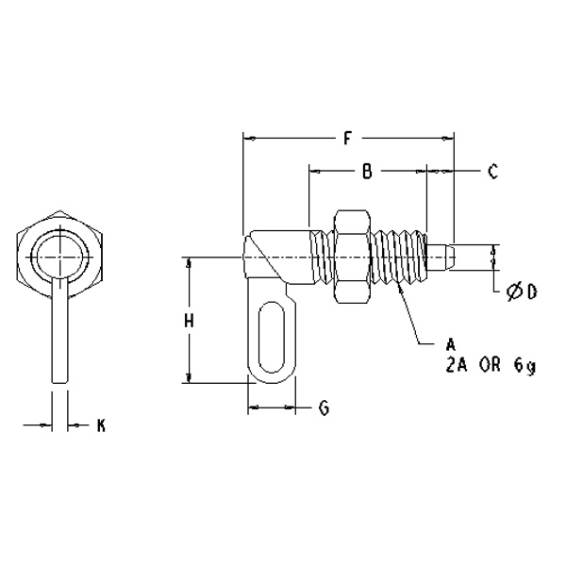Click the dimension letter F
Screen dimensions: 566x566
pyautogui.click(x=347, y=139)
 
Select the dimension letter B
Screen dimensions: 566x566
pyautogui.click(x=367, y=172)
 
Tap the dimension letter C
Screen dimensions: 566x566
pyautogui.click(x=491, y=172)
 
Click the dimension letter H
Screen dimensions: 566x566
pyautogui.click(x=189, y=321)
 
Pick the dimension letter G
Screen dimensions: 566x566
pyautogui.click(x=323, y=408)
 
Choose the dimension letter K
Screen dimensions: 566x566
pyautogui.click(x=101, y=426)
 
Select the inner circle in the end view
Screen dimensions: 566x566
pyautogui.click(x=59, y=255)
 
